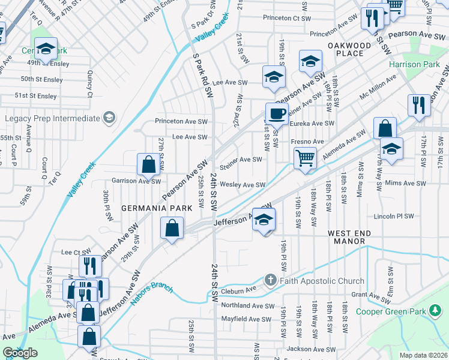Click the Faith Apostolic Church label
(x=322, y=281)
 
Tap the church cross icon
(x=271, y=280)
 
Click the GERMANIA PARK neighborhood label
(x=157, y=208)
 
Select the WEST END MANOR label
(x=346, y=237)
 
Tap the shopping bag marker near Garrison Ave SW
(x=148, y=164)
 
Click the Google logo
(x=20, y=352)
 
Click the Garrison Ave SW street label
(x=136, y=181)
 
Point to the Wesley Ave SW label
(x=243, y=185)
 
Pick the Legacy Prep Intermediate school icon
(x=109, y=118)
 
